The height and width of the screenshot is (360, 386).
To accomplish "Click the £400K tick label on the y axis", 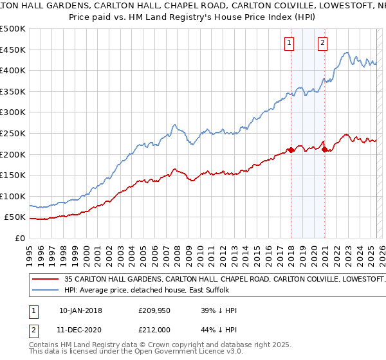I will point(13,71).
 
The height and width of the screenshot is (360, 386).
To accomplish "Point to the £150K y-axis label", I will point(13,175).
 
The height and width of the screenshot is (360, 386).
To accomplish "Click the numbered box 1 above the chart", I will point(289,44).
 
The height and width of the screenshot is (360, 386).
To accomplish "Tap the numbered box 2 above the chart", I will point(322,44).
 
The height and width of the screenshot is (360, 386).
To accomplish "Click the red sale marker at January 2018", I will point(291,150).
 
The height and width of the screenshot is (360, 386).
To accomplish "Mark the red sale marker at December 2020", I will point(324,149).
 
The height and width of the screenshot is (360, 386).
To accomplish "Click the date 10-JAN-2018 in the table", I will point(80,310).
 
